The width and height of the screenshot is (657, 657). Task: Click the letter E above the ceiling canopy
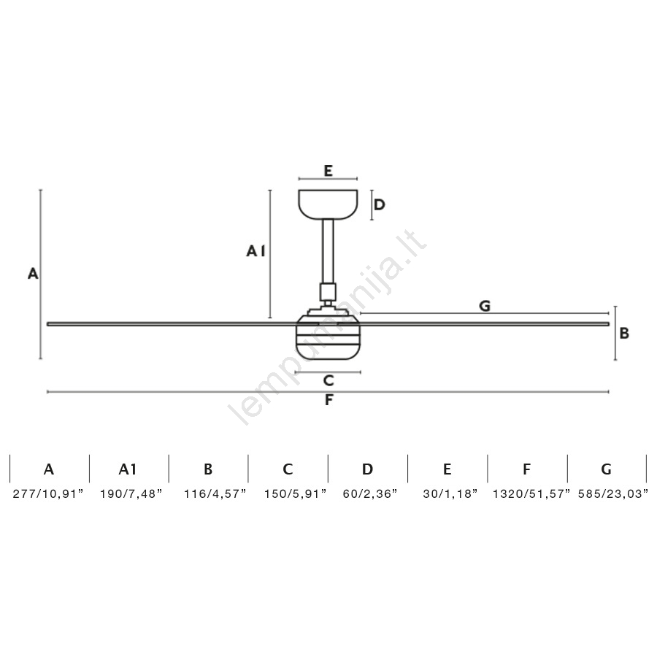click(x=328, y=171)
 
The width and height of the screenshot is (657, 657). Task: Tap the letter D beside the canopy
click(x=379, y=204)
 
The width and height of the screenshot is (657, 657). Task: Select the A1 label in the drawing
click(x=255, y=251)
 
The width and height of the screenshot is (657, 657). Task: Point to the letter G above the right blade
click(x=485, y=306)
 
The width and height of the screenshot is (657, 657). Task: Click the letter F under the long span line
click(x=329, y=400)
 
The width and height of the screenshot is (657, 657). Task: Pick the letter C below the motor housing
click(x=328, y=380)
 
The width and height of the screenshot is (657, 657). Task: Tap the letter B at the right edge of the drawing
click(x=624, y=333)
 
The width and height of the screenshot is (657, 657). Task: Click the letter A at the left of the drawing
click(x=33, y=274)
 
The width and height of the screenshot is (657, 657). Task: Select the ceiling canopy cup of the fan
click(x=328, y=204)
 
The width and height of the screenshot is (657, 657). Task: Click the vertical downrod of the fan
click(x=328, y=251)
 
